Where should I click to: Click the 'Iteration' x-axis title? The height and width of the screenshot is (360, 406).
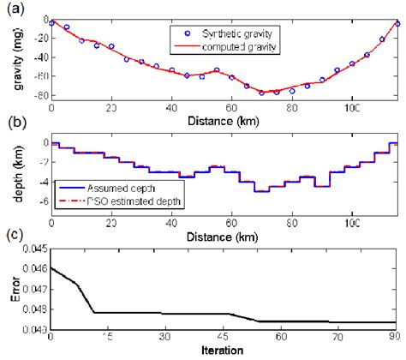pyautogui.click(x=225, y=351)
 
